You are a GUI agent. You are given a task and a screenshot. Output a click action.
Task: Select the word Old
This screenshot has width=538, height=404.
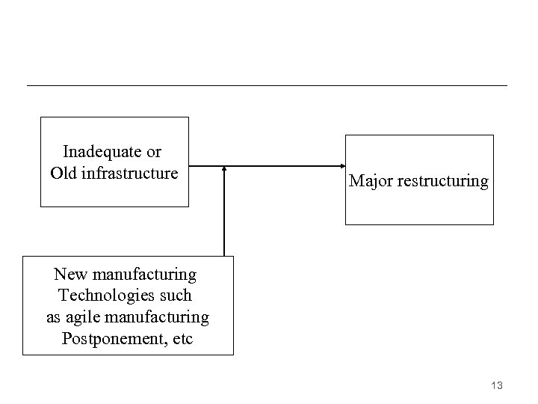coord(63,174)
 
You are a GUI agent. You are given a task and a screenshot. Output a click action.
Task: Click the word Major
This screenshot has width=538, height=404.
coord(371,181)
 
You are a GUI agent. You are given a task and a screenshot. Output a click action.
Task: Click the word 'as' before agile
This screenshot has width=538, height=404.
coord(54,317)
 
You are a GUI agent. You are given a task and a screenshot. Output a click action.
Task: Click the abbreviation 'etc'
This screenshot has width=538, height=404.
coord(182,338)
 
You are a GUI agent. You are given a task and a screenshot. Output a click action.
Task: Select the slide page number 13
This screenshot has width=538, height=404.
coord(497,385)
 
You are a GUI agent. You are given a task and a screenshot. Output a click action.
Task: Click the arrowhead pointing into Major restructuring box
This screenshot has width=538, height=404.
coord(340,166)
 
